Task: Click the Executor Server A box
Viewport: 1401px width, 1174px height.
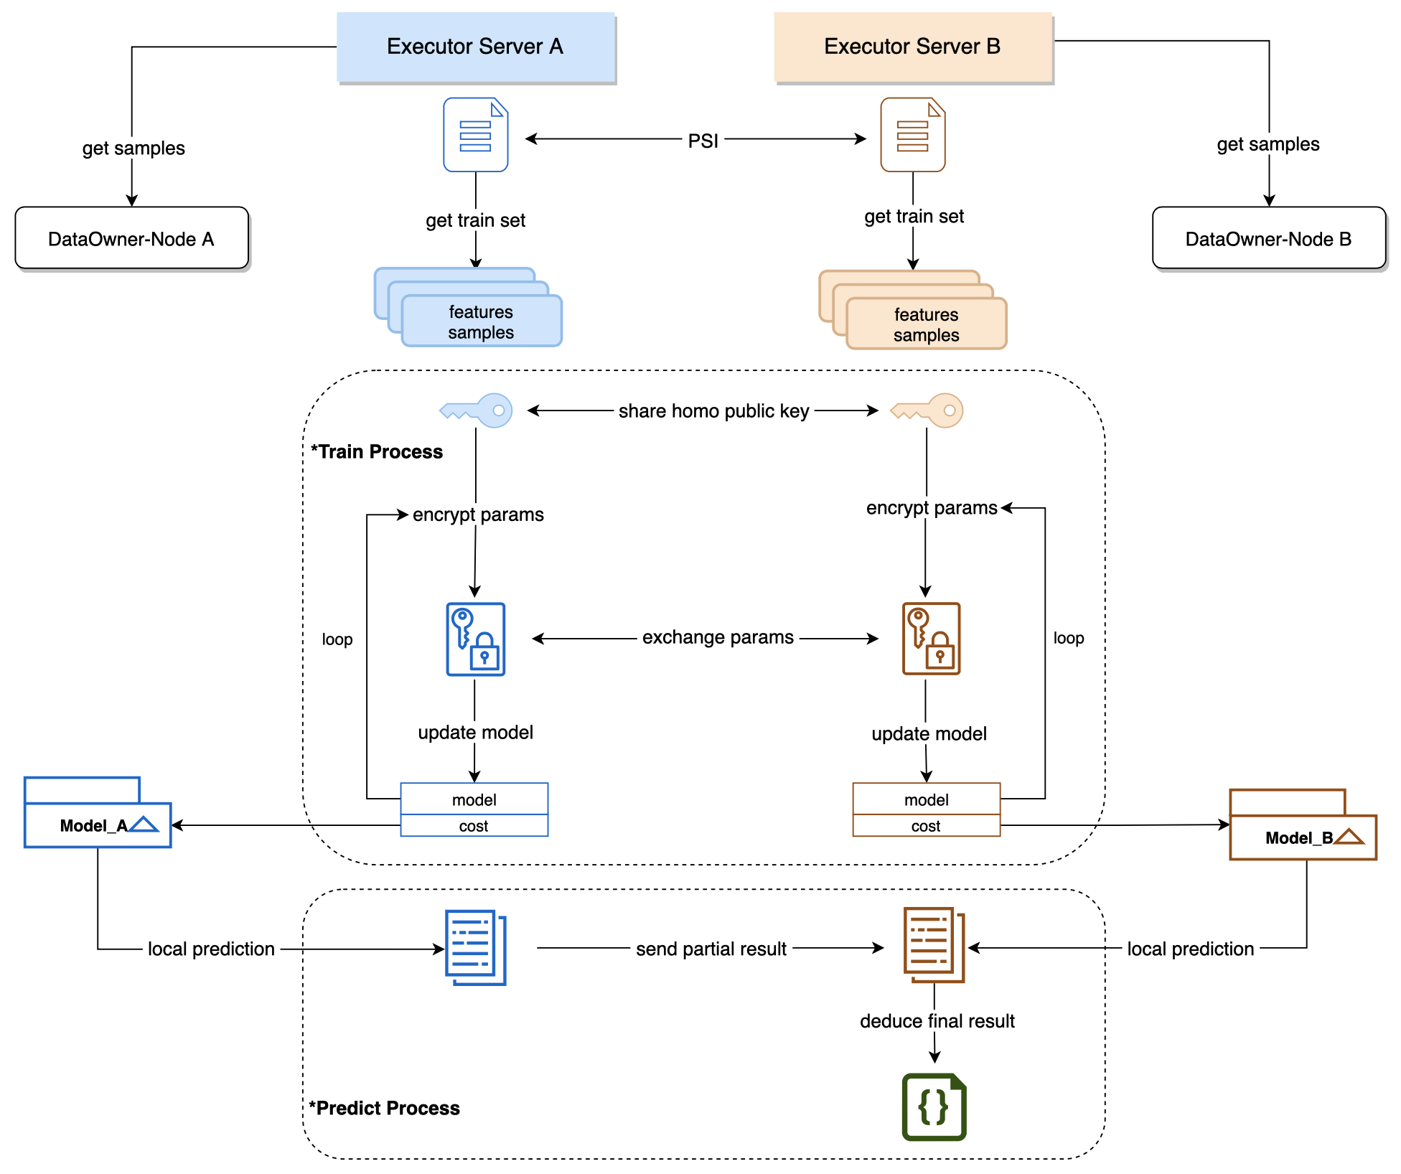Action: tap(475, 47)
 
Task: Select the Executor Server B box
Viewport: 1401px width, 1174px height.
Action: tap(912, 47)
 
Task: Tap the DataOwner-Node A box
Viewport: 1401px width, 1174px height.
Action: tap(131, 238)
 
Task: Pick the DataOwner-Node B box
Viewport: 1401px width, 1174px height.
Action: tap(1268, 238)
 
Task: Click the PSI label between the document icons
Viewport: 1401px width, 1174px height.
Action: tap(703, 141)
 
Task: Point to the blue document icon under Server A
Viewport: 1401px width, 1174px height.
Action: tap(475, 135)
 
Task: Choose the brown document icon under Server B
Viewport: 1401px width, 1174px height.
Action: tap(912, 135)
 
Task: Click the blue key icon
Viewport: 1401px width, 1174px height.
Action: tap(477, 410)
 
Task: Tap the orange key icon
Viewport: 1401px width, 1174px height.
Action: tap(927, 410)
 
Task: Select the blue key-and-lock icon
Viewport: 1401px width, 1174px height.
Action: tap(475, 639)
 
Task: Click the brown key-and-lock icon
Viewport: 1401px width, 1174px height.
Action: tap(931, 639)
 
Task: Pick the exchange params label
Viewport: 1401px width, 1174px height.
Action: tap(718, 637)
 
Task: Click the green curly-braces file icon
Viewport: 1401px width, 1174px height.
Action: tap(934, 1107)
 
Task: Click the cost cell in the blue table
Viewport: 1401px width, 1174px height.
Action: tap(474, 826)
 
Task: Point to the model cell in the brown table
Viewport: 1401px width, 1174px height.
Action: tap(926, 799)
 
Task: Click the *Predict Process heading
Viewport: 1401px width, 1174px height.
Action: tap(385, 1108)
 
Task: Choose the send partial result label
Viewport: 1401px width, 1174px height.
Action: tap(711, 949)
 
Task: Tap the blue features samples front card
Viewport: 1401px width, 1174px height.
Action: tap(481, 322)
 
